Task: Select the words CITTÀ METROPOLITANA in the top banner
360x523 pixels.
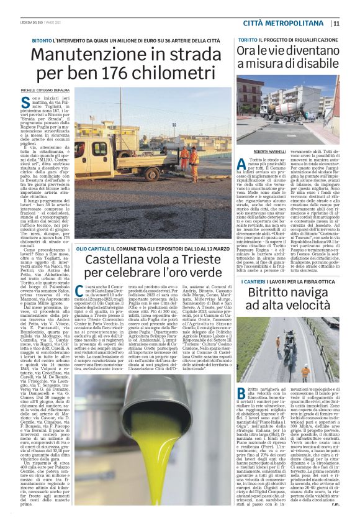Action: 287,24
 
